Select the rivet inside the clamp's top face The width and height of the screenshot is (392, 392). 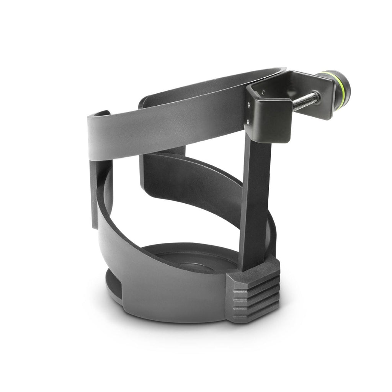pyautogui.click(x=263, y=91)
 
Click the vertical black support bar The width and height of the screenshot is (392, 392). pyautogui.click(x=255, y=203)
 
